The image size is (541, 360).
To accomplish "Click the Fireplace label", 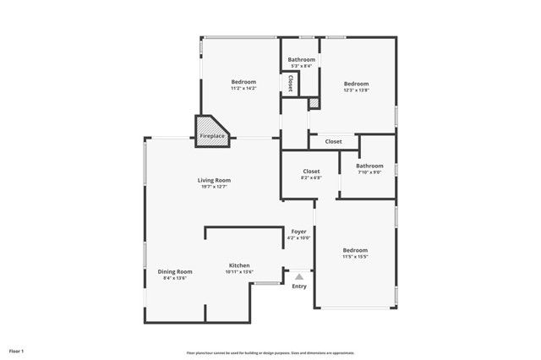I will coord(212,136).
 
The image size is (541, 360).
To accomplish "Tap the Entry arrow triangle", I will coord(298,275).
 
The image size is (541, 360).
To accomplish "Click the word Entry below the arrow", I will coord(299,286).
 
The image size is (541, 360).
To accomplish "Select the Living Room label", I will coord(215,180).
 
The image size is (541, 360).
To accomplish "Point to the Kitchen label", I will coord(238,265).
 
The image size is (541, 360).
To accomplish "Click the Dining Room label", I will coord(175,271).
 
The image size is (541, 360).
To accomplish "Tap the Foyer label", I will coord(299,231).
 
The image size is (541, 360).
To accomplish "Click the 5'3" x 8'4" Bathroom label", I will coord(302,59).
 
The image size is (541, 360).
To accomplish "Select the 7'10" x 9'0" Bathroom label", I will coord(369,166).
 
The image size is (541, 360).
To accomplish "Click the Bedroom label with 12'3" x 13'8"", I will coord(356,83).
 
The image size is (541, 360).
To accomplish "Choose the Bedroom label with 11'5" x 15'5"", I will coord(355,250).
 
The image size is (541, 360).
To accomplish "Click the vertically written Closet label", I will coord(290,83).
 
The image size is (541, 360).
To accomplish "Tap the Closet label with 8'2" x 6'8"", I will coord(311,171).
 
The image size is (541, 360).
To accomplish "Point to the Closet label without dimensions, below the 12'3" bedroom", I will coord(333,141).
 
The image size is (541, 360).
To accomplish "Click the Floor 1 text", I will coord(17,351).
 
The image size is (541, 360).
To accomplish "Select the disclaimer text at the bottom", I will coord(270,352).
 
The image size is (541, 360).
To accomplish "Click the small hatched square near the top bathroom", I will coord(314,103).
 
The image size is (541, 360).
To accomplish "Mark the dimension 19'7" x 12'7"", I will coord(215,187).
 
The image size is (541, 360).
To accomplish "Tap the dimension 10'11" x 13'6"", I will coord(238,272).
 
